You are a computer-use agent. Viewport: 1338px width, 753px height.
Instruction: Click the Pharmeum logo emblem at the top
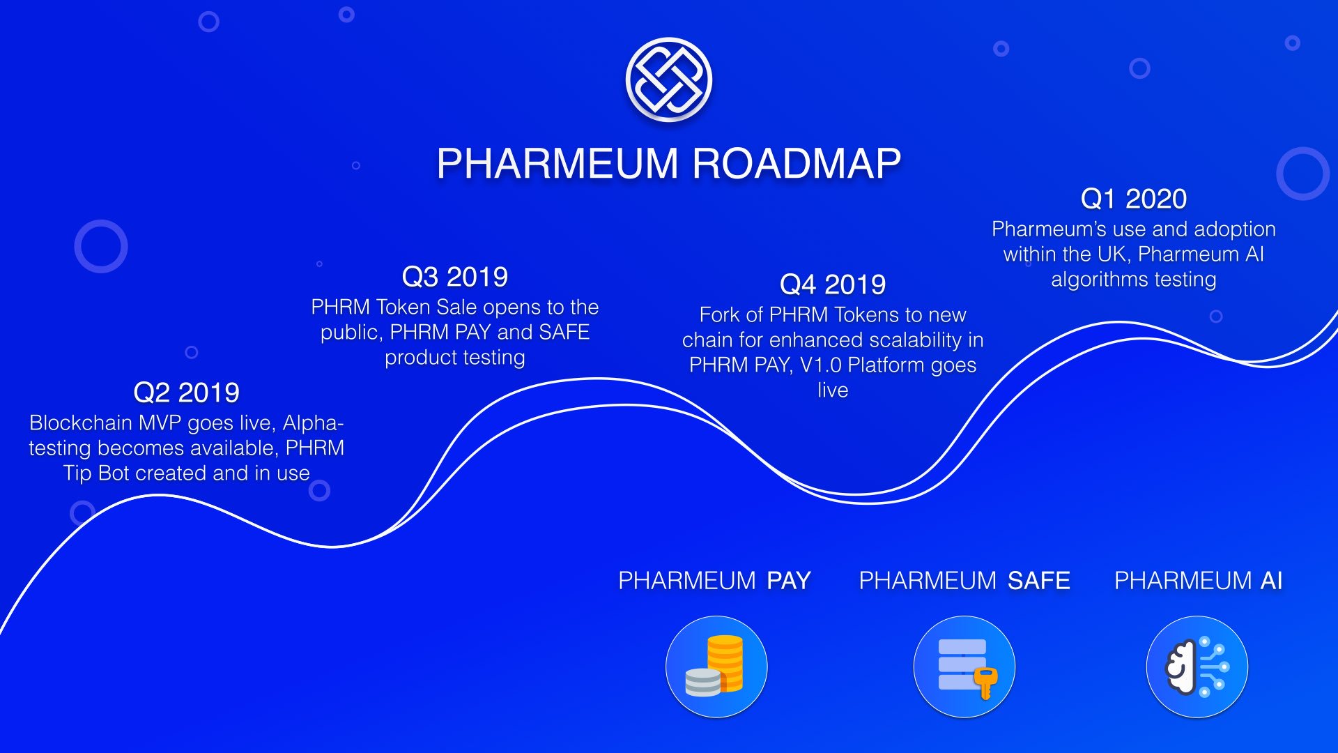pos(669,79)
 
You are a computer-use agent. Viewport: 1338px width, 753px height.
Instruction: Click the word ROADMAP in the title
pos(797,164)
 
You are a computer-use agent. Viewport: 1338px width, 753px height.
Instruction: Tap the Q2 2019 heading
pos(186,393)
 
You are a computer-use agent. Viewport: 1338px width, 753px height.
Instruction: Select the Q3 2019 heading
pos(455,277)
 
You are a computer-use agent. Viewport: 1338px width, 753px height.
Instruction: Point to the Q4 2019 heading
pos(833,284)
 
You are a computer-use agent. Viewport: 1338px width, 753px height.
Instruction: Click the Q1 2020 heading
pos(1134,199)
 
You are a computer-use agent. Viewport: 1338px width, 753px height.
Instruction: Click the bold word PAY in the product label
pos(789,581)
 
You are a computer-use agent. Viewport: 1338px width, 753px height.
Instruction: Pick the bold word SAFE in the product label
pos(1038,581)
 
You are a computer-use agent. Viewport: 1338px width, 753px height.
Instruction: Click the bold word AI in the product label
pos(1271,581)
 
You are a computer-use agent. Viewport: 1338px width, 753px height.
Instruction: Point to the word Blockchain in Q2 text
pos(81,423)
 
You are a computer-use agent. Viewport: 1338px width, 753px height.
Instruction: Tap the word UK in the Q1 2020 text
pos(1112,254)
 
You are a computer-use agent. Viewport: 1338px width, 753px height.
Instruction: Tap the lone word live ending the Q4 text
pos(833,390)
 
